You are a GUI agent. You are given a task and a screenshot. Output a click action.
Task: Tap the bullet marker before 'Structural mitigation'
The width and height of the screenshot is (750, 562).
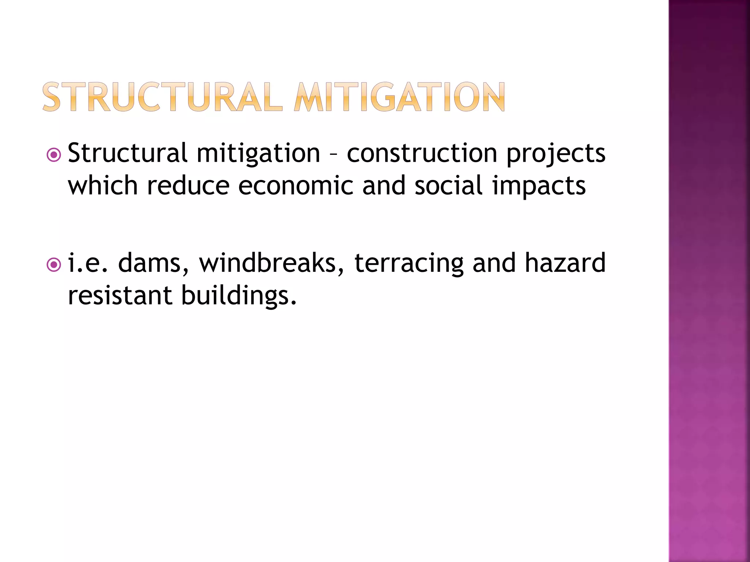(54, 155)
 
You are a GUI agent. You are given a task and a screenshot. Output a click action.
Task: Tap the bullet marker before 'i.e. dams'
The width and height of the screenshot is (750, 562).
(54, 265)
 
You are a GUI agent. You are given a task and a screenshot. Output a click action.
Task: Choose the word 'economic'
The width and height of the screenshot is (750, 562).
(296, 186)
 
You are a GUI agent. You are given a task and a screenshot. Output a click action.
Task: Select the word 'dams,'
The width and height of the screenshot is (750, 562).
(153, 263)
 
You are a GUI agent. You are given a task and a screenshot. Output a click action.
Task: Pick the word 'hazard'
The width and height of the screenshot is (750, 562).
(565, 263)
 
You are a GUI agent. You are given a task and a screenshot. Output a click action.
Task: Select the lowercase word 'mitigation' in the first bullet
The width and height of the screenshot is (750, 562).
(258, 154)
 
